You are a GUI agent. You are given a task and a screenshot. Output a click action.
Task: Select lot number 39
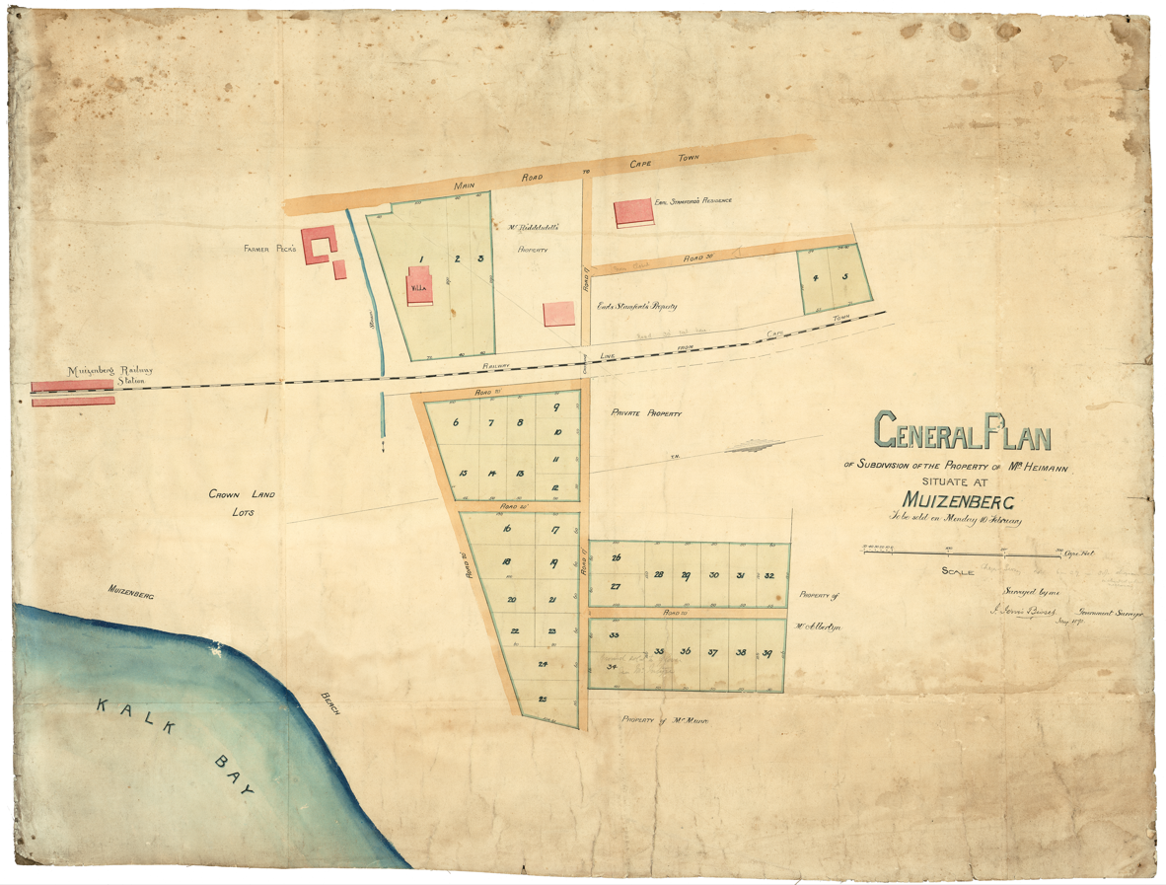[x=766, y=653]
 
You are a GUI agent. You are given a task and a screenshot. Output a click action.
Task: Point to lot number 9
[x=556, y=407]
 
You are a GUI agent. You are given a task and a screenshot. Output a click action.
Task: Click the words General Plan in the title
[x=962, y=432]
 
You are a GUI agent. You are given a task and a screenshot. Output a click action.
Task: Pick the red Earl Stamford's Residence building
[x=632, y=213]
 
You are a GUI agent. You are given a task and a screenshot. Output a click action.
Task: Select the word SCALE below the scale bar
[x=957, y=570]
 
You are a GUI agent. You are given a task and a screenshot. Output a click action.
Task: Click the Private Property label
[x=645, y=413]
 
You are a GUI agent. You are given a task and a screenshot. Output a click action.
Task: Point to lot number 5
[x=845, y=278]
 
